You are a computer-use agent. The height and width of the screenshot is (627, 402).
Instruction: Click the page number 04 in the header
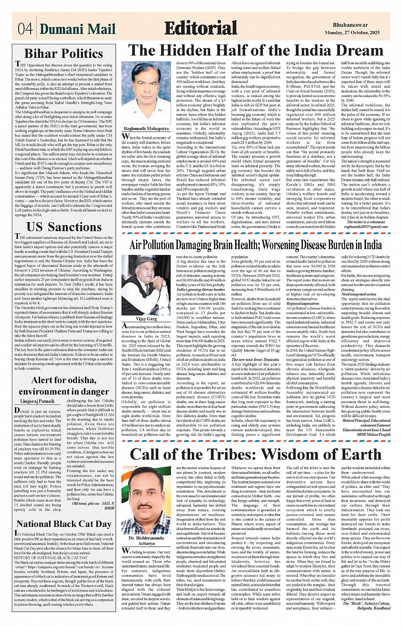click(x=25, y=29)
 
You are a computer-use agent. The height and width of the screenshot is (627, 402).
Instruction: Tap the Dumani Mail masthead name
click(x=77, y=29)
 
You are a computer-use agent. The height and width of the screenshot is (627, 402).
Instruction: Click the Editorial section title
click(x=200, y=28)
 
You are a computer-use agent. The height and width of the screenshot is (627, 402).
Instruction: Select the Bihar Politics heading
click(x=63, y=54)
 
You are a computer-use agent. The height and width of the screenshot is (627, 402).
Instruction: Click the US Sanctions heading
click(x=64, y=227)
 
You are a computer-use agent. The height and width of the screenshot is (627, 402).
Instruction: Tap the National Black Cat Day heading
click(x=64, y=524)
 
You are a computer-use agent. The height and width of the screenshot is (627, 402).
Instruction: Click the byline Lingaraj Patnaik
click(x=37, y=401)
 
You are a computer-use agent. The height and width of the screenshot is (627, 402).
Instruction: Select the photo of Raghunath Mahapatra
click(x=146, y=92)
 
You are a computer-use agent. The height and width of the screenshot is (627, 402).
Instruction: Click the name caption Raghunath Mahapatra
click(x=146, y=128)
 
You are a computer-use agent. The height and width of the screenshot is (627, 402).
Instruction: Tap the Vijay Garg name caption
click(x=146, y=318)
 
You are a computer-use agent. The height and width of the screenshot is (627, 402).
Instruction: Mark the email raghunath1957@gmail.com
click(x=367, y=227)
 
